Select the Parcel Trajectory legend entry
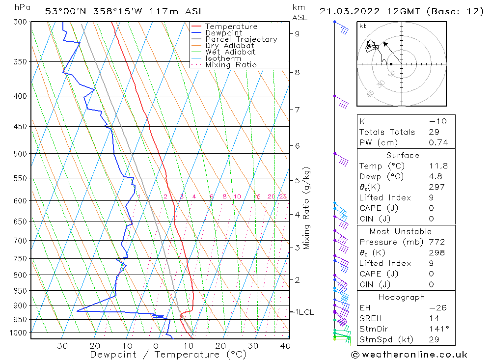241,39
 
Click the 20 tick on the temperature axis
220,346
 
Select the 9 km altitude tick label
298,33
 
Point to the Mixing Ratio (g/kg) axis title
307,208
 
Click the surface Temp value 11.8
438,166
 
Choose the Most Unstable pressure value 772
436,242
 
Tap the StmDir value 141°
437,329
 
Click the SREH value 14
434,318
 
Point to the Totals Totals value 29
434,132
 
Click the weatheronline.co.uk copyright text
409,355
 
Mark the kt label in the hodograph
363,26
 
